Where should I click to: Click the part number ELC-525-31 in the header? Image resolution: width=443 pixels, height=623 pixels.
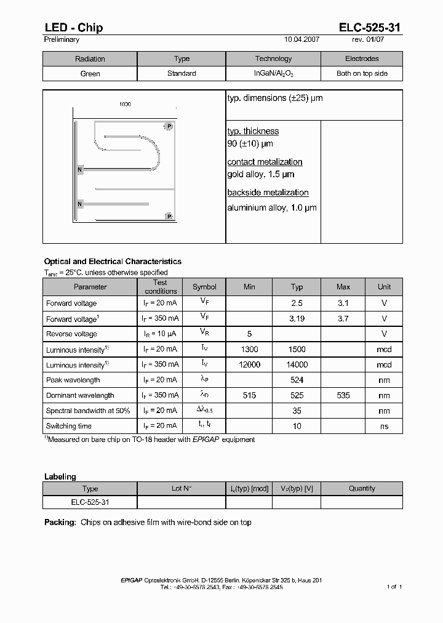(370, 27)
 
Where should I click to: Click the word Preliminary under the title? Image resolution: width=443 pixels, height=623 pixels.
(62, 39)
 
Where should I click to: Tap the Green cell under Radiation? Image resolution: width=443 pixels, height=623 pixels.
(90, 73)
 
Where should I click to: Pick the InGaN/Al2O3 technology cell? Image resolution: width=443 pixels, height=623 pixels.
(273, 73)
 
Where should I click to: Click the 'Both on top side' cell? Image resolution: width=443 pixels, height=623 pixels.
(362, 73)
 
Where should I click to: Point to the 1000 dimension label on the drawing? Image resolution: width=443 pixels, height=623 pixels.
(125, 104)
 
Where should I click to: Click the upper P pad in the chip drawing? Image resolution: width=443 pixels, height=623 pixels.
(169, 126)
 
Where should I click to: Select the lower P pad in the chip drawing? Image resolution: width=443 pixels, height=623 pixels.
(169, 216)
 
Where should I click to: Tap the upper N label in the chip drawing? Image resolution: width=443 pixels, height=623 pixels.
(79, 169)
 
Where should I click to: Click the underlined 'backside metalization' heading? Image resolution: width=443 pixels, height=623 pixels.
(268, 193)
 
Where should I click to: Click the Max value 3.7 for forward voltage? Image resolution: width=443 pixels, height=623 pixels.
(343, 318)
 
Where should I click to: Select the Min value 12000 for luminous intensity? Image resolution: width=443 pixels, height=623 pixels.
(249, 364)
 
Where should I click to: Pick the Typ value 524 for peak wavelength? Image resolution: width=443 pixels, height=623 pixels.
(297, 380)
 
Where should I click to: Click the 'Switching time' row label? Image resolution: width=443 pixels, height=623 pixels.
(69, 426)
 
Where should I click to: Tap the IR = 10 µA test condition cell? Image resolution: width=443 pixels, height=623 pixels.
(160, 334)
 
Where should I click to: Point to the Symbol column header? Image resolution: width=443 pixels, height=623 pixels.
(204, 287)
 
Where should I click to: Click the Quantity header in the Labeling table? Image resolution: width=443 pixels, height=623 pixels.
(362, 488)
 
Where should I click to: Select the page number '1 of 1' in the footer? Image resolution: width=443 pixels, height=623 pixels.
(394, 587)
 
